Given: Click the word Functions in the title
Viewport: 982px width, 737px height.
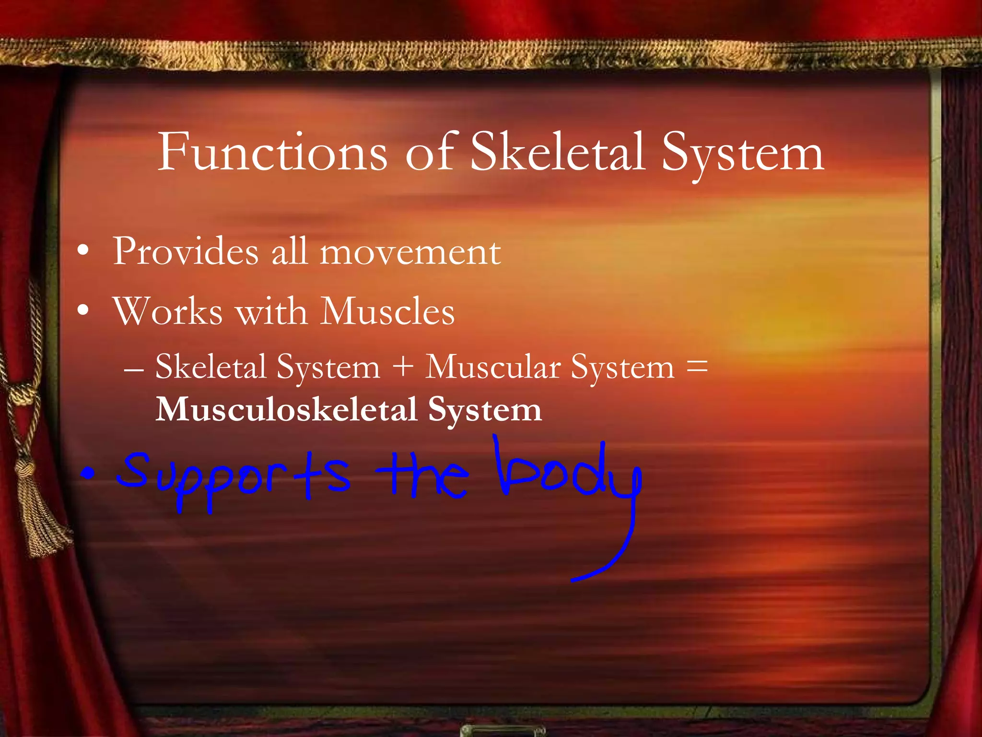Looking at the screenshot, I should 272,153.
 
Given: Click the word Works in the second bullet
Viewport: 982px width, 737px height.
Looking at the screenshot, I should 168,311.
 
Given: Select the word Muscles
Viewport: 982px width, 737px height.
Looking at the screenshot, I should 387,311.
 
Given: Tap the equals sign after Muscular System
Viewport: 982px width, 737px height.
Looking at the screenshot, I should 697,366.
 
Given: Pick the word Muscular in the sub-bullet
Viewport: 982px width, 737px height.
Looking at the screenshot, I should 493,367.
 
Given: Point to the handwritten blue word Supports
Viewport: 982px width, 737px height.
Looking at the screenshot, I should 234,477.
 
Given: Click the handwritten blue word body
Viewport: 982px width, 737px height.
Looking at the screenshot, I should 568,473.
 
